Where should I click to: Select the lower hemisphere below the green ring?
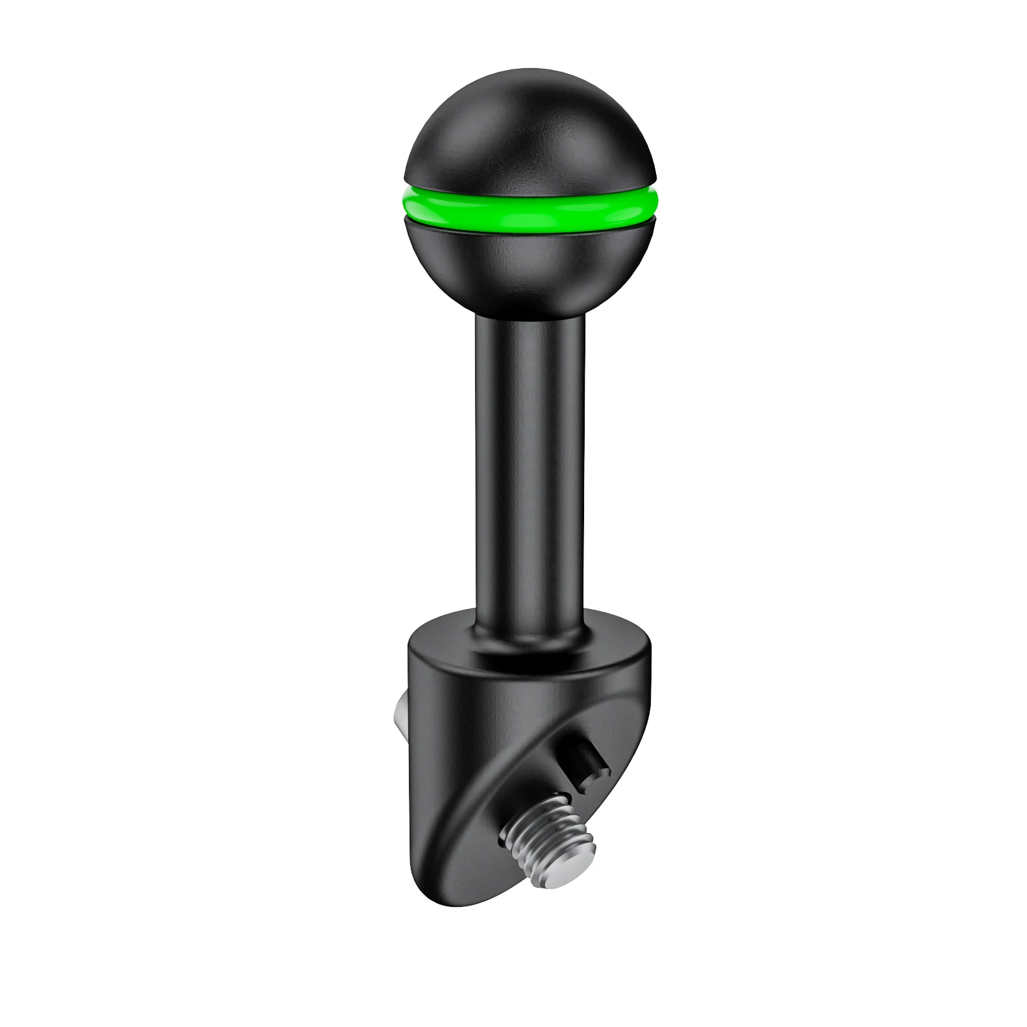(x=530, y=270)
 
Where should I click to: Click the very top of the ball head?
(x=530, y=72)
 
